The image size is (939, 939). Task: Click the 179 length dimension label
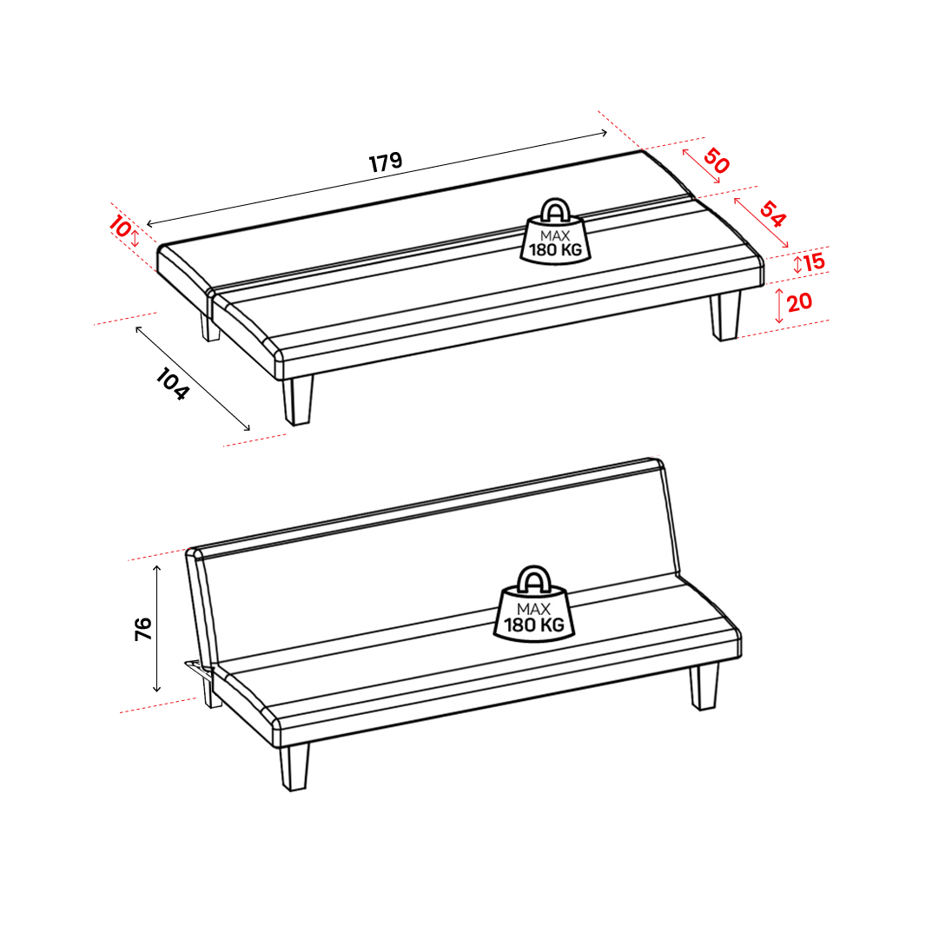point(385,162)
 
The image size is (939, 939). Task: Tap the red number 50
point(717,161)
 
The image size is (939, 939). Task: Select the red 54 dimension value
point(772,215)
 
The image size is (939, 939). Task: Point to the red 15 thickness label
point(815,261)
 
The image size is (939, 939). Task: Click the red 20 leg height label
point(799,301)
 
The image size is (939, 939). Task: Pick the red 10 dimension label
point(119,227)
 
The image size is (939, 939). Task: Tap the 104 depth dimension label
point(173,384)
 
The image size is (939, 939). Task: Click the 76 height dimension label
point(143,630)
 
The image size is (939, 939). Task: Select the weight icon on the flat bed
point(555,231)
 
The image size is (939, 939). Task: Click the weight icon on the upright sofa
point(533,604)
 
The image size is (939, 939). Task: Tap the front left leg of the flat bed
point(298,400)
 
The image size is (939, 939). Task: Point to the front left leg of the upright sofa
point(294,767)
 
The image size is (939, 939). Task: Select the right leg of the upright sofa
point(704,686)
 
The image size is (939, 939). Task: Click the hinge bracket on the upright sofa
point(200,671)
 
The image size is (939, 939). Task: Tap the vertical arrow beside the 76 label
point(157,629)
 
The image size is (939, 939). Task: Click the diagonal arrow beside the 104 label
point(193,379)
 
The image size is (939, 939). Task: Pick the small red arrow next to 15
point(797,264)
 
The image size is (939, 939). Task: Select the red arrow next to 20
point(779,306)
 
